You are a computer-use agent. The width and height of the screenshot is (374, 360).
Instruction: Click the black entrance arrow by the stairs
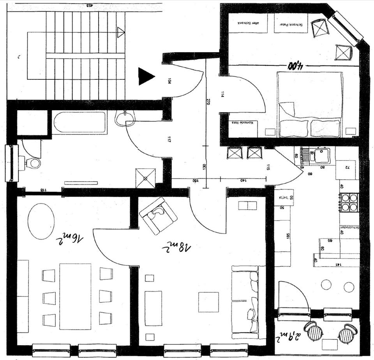tap(145, 76)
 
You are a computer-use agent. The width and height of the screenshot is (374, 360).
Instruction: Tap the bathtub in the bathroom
tap(80, 122)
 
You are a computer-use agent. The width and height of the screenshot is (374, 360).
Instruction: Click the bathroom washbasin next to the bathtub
tap(125, 118)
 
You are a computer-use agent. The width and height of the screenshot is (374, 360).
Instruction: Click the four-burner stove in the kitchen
tap(349, 202)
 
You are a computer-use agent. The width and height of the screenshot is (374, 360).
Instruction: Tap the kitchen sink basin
tap(322, 156)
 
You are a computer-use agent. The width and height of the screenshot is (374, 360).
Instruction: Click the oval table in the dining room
tap(41, 221)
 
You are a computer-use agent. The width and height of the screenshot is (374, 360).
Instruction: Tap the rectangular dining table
tap(75, 296)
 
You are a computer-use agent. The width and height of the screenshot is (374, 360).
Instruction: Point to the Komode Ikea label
tap(242, 123)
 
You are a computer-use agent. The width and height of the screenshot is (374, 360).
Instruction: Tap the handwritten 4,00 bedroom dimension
tap(296, 65)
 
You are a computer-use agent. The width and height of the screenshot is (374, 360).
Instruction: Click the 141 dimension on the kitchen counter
tap(338, 264)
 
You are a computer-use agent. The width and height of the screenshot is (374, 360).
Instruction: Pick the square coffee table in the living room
tap(208, 302)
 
